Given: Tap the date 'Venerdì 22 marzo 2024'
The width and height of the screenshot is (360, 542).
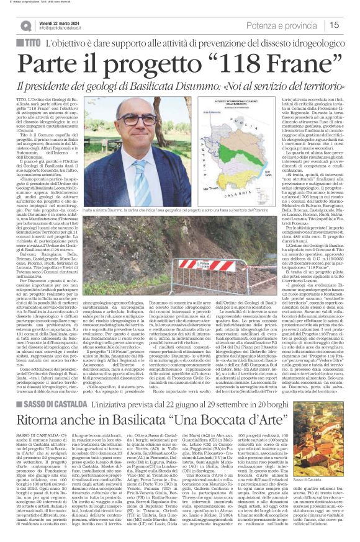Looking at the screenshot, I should click(x=61, y=22).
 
